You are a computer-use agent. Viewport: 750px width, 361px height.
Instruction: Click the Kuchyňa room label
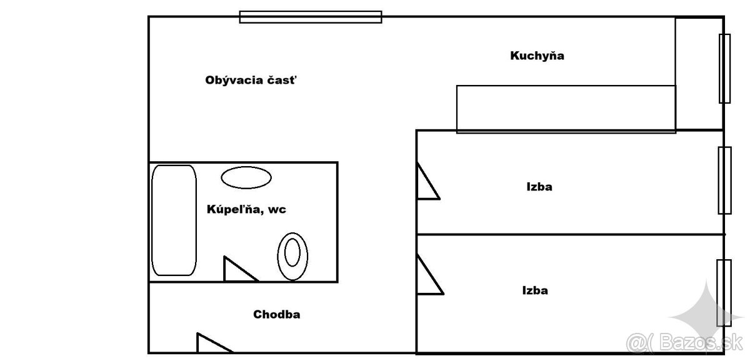pos(537,56)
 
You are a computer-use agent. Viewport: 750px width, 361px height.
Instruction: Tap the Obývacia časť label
pos(251,80)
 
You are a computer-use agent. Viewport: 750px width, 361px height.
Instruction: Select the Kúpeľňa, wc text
pos(246,210)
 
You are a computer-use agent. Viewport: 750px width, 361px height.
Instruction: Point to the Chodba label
pos(276,314)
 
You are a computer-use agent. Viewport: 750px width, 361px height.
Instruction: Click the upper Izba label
pos(539,186)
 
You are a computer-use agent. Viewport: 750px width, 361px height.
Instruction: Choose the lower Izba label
pos(535,290)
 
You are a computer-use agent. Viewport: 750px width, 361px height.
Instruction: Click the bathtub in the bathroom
pos(174,220)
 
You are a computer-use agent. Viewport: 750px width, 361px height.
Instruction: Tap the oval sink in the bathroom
pos(246,177)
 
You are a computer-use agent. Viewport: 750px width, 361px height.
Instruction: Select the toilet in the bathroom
pos(292,256)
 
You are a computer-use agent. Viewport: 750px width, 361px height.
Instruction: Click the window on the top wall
pos(311,17)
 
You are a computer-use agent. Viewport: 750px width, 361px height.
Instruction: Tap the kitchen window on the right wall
pos(724,68)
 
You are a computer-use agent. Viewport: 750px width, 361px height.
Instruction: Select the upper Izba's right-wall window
pos(724,180)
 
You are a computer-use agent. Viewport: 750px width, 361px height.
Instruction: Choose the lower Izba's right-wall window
pos(724,292)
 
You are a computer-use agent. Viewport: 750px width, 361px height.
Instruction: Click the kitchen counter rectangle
pos(566,109)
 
